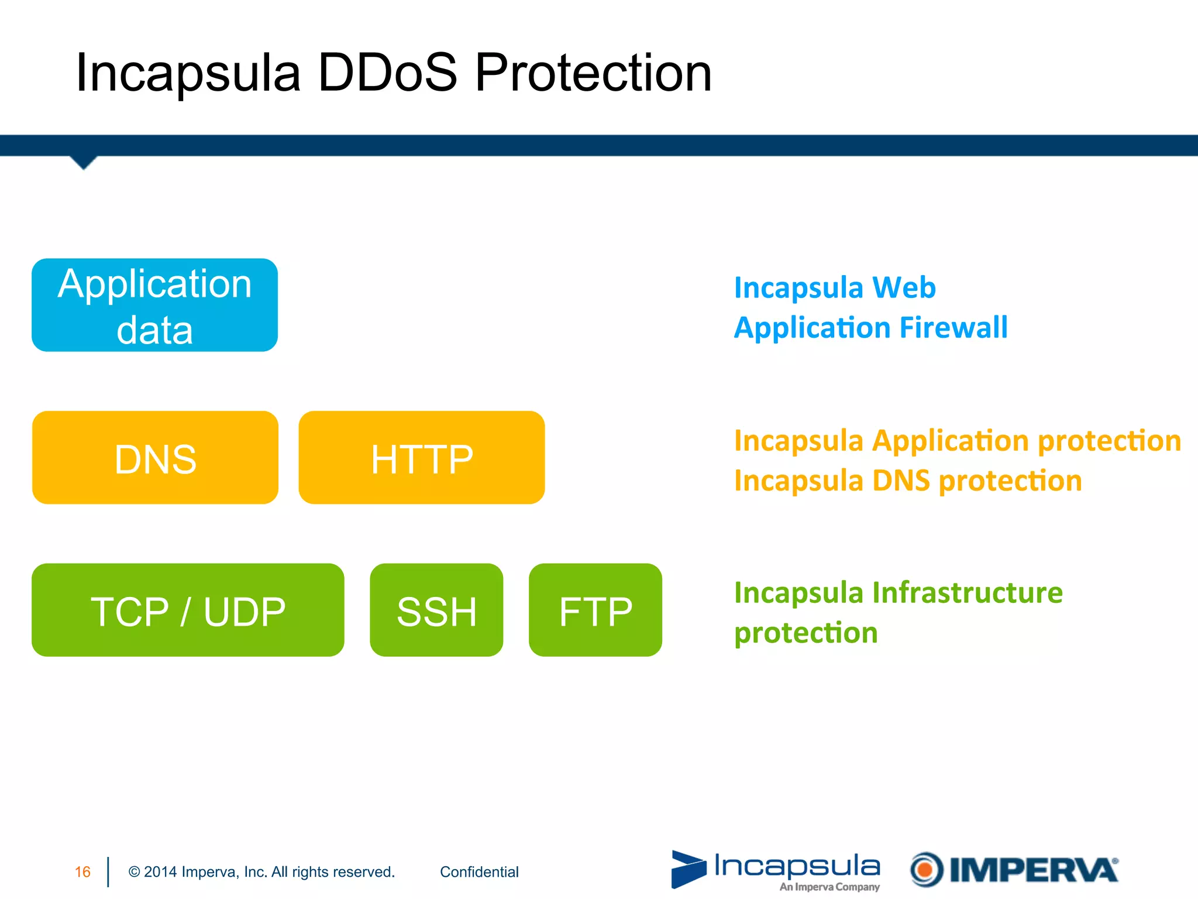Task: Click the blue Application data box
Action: pos(154,305)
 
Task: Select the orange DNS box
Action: pos(155,458)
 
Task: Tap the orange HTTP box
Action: pos(421,458)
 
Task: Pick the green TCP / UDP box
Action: pos(188,610)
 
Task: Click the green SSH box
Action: pos(436,610)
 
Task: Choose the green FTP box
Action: pos(595,610)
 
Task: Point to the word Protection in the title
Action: pos(593,73)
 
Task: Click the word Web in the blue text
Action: pos(904,287)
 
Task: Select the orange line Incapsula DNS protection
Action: pos(908,481)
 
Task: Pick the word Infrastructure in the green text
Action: pos(968,592)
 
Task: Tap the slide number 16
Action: pos(82,872)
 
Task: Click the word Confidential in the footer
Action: pos(479,872)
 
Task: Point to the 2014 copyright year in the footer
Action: pos(160,872)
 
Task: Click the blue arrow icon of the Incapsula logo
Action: pos(688,869)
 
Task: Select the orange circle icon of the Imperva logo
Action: pos(926,870)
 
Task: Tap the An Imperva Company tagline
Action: pos(829,887)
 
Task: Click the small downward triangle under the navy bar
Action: pos(84,162)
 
